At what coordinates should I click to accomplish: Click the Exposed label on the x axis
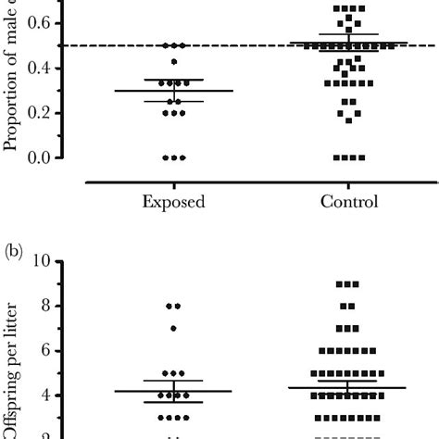[173, 201]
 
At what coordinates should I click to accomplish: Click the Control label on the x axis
[348, 201]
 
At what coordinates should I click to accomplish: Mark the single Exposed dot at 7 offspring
[173, 328]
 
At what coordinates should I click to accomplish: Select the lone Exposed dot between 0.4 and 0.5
[173, 63]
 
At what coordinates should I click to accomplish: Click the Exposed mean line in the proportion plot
[173, 91]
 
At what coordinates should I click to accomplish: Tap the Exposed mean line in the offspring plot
[173, 391]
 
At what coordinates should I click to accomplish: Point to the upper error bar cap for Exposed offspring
[173, 381]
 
